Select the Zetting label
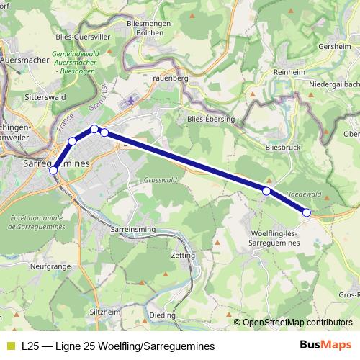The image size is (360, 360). [x=183, y=256]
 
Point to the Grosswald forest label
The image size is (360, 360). [x=160, y=179]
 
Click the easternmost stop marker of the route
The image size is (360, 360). [x=307, y=212]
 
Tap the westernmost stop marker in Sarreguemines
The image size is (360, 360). [x=53, y=171]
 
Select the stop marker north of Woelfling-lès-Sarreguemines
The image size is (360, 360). [x=266, y=191]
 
